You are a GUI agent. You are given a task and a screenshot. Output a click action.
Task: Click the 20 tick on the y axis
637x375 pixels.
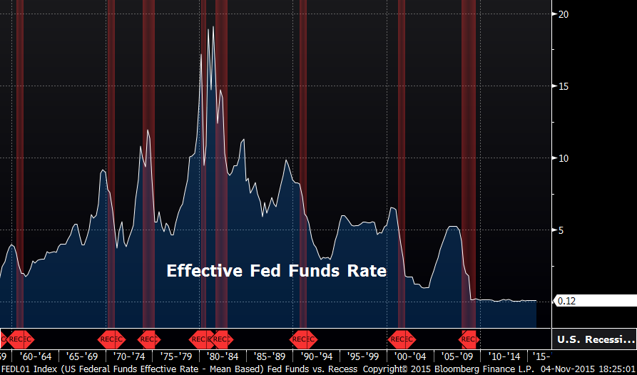pyautogui.click(x=564, y=14)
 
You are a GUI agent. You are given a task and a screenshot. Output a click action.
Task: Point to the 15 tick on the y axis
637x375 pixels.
pyautogui.click(x=564, y=86)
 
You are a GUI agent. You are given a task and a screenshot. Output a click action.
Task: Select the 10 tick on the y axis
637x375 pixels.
pyautogui.click(x=564, y=158)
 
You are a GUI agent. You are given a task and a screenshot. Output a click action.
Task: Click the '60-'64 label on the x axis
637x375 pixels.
pyautogui.click(x=36, y=356)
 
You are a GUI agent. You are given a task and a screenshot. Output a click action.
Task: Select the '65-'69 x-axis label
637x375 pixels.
pyautogui.click(x=82, y=356)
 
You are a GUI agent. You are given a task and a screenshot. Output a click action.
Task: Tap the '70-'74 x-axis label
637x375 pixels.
pyautogui.click(x=130, y=356)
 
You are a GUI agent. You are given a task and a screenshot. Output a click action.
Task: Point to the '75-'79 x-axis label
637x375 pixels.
pyautogui.click(x=176, y=356)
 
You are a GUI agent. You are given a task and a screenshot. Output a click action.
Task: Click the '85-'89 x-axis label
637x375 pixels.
pyautogui.click(x=270, y=356)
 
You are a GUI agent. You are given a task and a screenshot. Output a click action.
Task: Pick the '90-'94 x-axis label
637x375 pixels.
pyautogui.click(x=317, y=356)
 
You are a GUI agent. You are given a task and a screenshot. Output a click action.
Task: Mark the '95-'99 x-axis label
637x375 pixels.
pyautogui.click(x=364, y=356)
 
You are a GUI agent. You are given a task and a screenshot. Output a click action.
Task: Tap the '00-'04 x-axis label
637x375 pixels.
pyautogui.click(x=411, y=356)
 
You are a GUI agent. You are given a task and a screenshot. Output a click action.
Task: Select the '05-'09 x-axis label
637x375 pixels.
pyautogui.click(x=457, y=356)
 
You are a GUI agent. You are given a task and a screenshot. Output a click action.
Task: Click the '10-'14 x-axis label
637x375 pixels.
pyautogui.click(x=504, y=356)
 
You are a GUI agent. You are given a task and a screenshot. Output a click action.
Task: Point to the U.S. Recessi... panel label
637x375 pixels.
pyautogui.click(x=595, y=339)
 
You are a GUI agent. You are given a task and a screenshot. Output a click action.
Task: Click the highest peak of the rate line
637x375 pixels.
pyautogui.click(x=213, y=27)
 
